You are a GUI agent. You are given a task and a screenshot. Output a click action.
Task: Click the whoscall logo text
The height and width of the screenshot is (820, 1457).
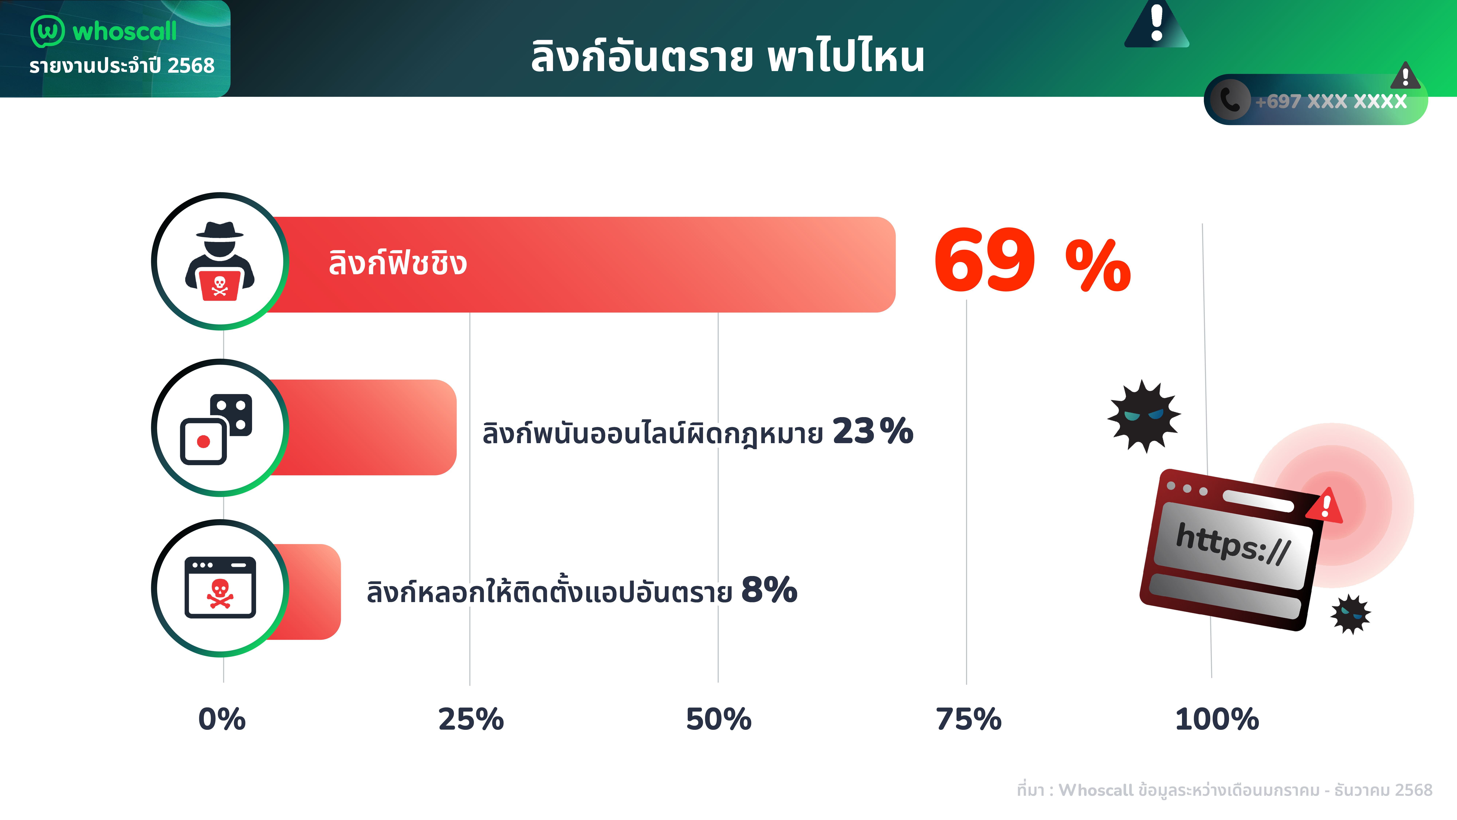pos(124,31)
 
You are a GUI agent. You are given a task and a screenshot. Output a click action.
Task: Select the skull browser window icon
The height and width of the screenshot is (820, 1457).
pos(220,587)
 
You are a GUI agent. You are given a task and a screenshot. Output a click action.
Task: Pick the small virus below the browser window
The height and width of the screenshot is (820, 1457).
pos(1351,614)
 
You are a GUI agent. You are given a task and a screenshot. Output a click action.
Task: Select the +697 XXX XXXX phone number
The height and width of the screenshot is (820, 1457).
pos(1330,101)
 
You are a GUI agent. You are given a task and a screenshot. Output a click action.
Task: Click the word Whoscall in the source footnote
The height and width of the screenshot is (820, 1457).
pos(1096,790)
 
